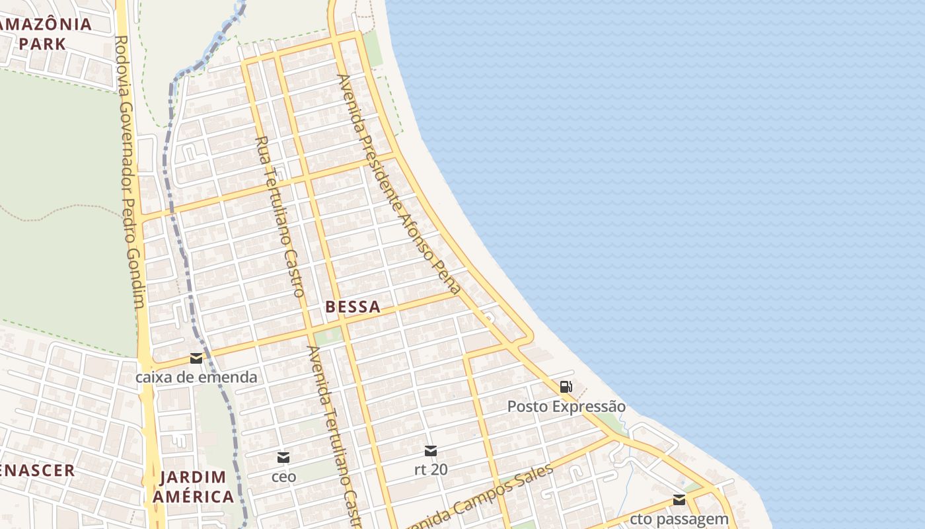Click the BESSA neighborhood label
[353, 307]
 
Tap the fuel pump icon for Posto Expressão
[566, 386]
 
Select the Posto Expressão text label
[566, 406]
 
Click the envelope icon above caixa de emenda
[196, 358]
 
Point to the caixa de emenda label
[196, 378]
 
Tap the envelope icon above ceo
[283, 457]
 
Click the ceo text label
[283, 476]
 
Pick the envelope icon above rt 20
[431, 451]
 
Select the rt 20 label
[431, 469]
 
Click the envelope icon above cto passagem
[679, 500]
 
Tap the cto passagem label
[679, 519]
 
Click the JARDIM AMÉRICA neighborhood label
[194, 486]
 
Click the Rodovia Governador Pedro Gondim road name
[129, 172]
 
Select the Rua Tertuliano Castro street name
[279, 216]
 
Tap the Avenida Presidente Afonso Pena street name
[398, 184]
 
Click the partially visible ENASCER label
[37, 471]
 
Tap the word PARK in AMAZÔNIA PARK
[42, 44]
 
